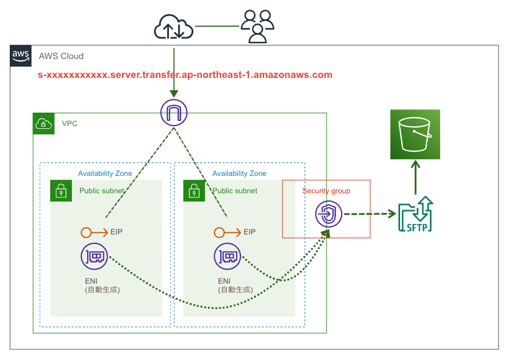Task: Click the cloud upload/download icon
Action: tap(173, 27)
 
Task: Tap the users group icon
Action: tap(257, 27)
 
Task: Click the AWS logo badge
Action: tap(21, 56)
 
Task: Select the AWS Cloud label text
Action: tap(61, 56)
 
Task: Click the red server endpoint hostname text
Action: tap(185, 75)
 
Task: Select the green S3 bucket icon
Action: tap(415, 134)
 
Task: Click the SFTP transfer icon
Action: tap(415, 214)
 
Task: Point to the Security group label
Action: tap(326, 191)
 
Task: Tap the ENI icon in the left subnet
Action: tap(94, 257)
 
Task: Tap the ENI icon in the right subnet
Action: tap(227, 257)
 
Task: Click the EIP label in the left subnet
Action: tap(116, 232)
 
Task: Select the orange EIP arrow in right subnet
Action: tap(226, 232)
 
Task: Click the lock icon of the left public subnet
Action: tap(61, 191)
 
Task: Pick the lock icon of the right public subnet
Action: tap(194, 191)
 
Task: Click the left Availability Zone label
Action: tap(105, 173)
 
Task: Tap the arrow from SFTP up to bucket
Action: tap(415, 178)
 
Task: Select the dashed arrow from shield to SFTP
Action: tap(369, 214)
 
